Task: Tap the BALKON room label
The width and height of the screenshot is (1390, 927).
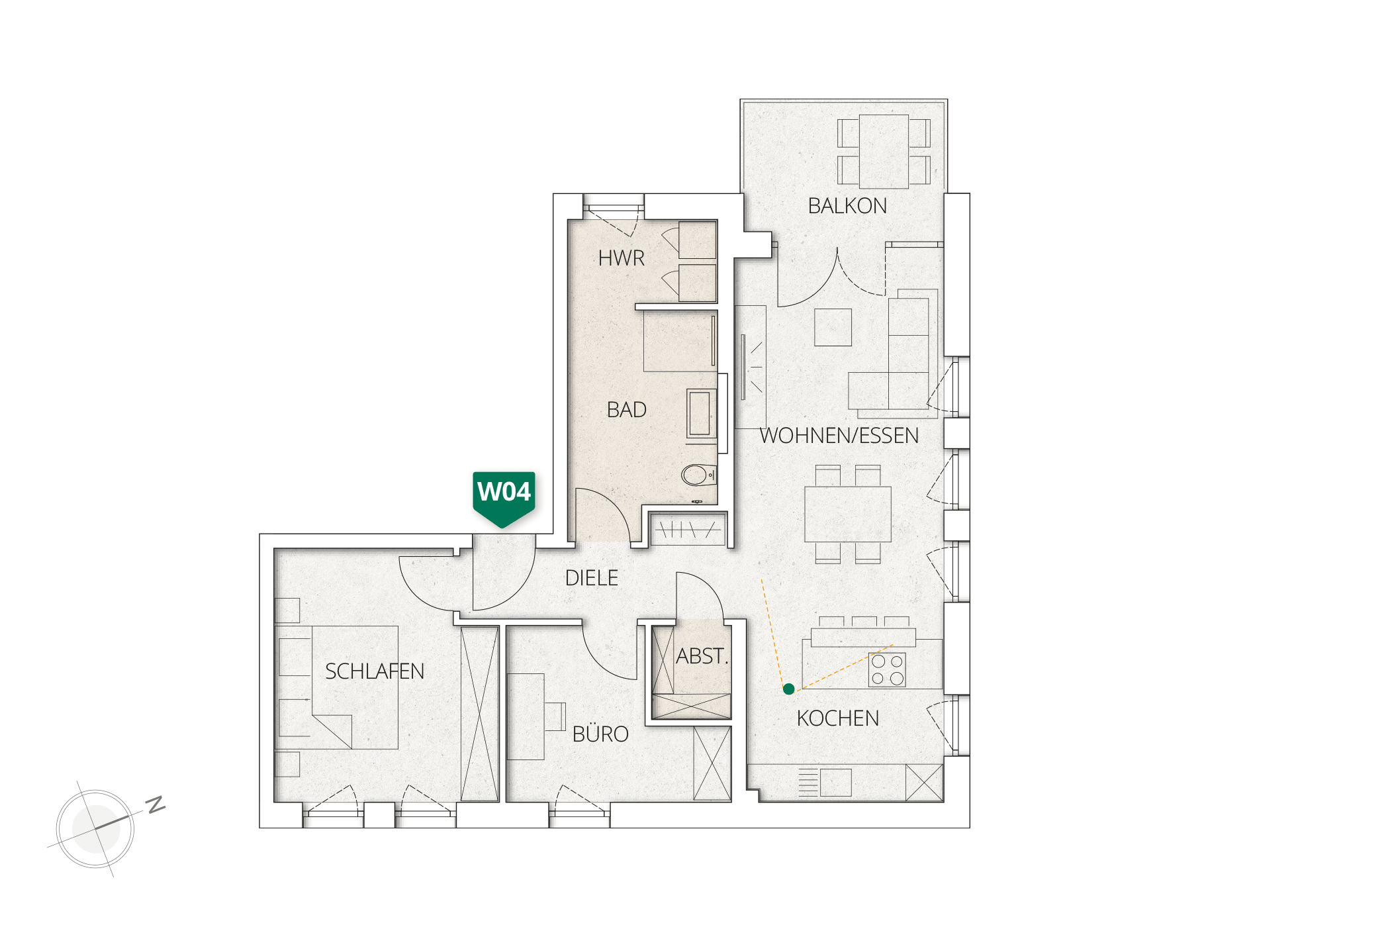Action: (847, 206)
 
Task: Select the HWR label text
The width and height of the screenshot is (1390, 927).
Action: (621, 258)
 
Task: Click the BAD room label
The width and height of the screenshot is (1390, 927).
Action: (626, 410)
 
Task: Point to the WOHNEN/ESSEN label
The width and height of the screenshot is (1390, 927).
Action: (839, 436)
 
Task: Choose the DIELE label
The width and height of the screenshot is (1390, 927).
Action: (592, 578)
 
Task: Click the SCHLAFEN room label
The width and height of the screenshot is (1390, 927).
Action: (375, 671)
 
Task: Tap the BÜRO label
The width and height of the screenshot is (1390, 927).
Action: (600, 734)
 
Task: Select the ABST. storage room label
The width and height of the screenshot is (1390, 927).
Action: (702, 656)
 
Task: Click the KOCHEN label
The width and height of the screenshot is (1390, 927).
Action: (838, 718)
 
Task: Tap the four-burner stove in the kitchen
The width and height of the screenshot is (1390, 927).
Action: (887, 669)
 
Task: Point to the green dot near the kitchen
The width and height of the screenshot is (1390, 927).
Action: (788, 689)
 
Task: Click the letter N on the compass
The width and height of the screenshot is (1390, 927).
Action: (156, 805)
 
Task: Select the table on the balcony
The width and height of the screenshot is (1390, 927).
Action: (884, 152)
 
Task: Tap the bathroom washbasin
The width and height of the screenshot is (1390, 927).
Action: (700, 413)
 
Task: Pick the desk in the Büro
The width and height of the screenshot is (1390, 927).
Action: (526, 716)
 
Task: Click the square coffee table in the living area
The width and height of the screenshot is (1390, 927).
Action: (833, 327)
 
